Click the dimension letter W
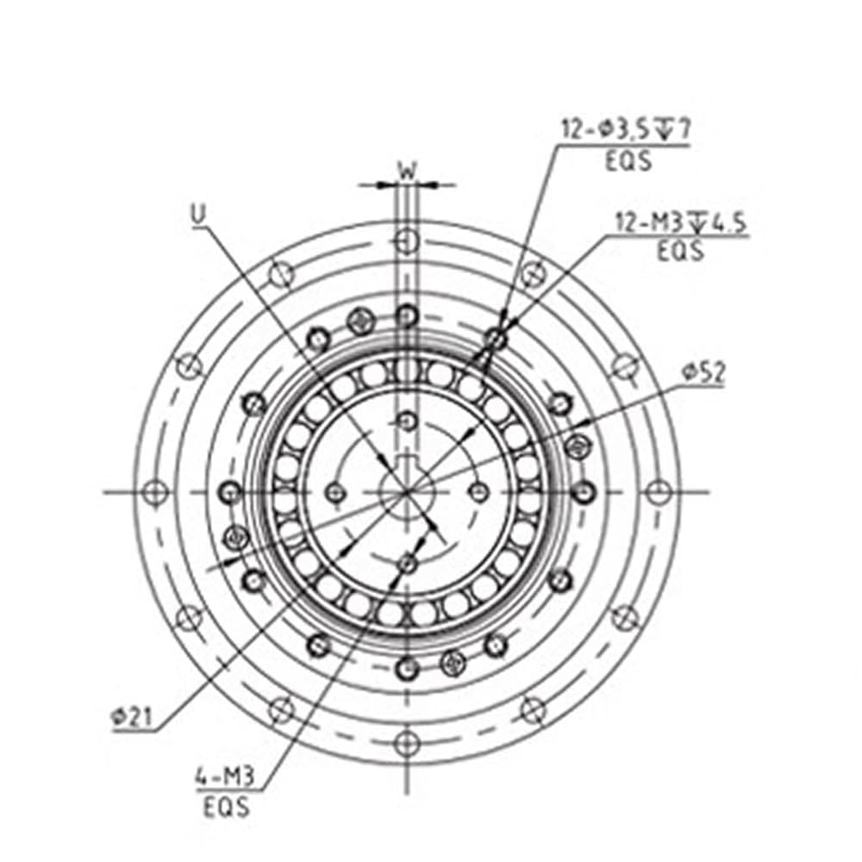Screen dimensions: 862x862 (x=407, y=171)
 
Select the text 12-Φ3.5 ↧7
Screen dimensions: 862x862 (x=626, y=130)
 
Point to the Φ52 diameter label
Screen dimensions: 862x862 (x=703, y=372)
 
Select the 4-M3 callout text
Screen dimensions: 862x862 (x=225, y=777)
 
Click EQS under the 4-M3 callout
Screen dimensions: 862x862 (x=227, y=808)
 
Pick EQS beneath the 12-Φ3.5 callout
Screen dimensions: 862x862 (x=628, y=161)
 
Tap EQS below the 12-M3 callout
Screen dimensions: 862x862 (x=681, y=251)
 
